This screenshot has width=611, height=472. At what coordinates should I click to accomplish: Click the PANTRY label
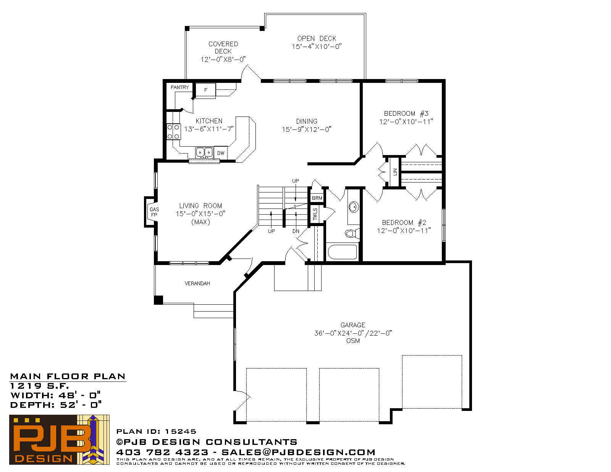[x=179, y=87]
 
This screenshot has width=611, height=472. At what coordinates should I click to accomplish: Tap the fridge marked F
[x=205, y=90]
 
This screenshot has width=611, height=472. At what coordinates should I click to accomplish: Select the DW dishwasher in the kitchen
[x=221, y=153]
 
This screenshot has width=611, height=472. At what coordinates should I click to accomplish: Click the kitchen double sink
[x=204, y=152]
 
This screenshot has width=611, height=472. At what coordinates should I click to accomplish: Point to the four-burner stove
[x=173, y=132]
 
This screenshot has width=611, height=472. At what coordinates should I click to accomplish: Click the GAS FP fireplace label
[x=154, y=212]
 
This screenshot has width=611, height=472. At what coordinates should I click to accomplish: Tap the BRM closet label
[x=317, y=198]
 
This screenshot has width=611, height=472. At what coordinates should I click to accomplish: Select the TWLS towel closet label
[x=315, y=214]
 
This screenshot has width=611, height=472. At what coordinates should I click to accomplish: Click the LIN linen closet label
[x=395, y=172]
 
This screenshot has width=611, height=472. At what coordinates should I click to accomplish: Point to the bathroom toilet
[x=352, y=233]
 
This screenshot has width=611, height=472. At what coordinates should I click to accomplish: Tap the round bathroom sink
[x=354, y=207]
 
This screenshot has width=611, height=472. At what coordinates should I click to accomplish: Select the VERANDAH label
[x=197, y=283]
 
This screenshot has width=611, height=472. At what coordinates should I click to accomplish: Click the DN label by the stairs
[x=296, y=231]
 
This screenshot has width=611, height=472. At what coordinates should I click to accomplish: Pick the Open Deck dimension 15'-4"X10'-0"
[x=317, y=47]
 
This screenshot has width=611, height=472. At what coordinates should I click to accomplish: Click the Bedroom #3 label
[x=406, y=113]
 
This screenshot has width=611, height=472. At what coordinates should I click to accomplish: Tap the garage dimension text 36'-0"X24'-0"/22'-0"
[x=353, y=333]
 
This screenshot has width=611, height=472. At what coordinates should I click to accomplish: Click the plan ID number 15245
[x=180, y=431]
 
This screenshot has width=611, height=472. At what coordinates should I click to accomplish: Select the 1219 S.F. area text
[x=39, y=386]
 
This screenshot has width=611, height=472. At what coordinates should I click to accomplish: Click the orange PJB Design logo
[x=59, y=440]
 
